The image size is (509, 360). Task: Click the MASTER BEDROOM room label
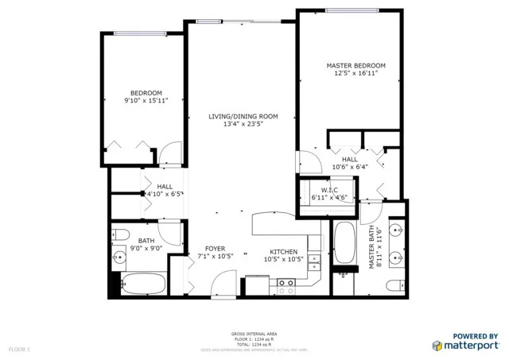356,65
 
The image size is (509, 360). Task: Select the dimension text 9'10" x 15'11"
146,101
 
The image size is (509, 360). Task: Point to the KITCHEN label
283,250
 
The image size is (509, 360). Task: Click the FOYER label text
214,249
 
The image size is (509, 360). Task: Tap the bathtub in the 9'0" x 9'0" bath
144,285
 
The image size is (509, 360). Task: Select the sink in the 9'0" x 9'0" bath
120,256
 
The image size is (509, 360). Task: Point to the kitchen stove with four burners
286,286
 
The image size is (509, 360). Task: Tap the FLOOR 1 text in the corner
18,349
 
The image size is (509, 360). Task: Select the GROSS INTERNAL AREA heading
254,335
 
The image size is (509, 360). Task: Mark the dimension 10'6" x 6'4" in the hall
350,167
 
